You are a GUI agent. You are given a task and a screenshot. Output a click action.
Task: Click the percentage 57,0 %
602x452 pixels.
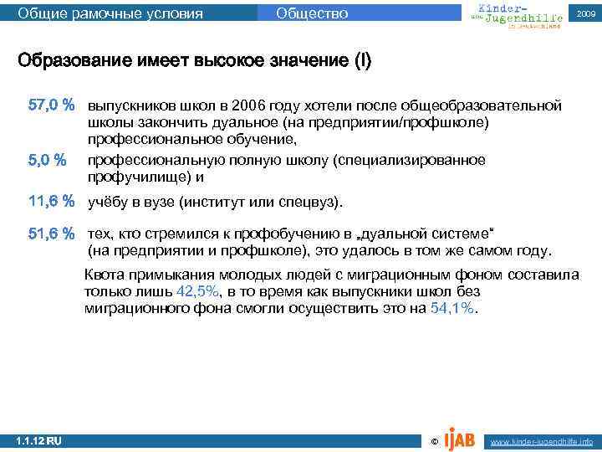coord(52,105)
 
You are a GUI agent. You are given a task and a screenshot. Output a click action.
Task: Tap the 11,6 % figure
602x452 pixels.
coord(52,201)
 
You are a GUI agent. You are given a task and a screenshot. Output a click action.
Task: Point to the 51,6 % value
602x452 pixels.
coord(52,234)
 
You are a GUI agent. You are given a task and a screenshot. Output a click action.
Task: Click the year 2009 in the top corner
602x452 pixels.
coord(586,14)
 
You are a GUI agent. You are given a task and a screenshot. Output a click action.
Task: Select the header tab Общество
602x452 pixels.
coord(312,13)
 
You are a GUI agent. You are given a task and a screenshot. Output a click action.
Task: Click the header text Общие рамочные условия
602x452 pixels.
coord(110,13)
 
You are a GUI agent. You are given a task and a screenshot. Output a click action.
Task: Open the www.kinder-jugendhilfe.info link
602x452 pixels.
coord(542,440)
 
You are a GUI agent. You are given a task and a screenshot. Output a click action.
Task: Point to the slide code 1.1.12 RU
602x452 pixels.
coord(38,440)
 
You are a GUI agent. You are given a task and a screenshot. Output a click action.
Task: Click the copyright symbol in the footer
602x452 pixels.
coord(432,440)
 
